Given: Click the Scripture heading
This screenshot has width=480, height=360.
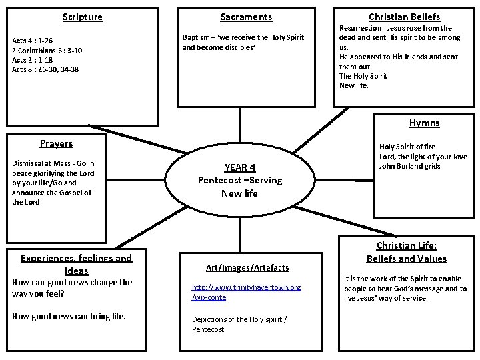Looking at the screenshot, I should (82, 17).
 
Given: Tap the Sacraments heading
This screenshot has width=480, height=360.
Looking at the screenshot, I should (246, 17).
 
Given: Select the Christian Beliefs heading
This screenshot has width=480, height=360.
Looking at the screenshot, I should (404, 17).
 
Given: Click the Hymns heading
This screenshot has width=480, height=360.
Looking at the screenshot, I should (424, 123).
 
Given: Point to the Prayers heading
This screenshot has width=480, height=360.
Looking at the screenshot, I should (56, 143).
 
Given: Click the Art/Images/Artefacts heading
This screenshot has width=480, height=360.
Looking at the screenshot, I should (247, 267).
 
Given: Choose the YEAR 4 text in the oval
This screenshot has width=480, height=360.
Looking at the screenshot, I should (239, 167).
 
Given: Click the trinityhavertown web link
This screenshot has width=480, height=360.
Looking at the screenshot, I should (245, 291).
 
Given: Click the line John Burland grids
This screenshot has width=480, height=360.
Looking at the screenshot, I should (409, 166).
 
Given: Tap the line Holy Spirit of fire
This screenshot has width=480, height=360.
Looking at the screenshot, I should (407, 147).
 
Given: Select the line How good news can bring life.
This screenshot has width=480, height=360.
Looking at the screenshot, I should (69, 315).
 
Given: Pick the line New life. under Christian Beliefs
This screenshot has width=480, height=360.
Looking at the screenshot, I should (353, 85).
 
